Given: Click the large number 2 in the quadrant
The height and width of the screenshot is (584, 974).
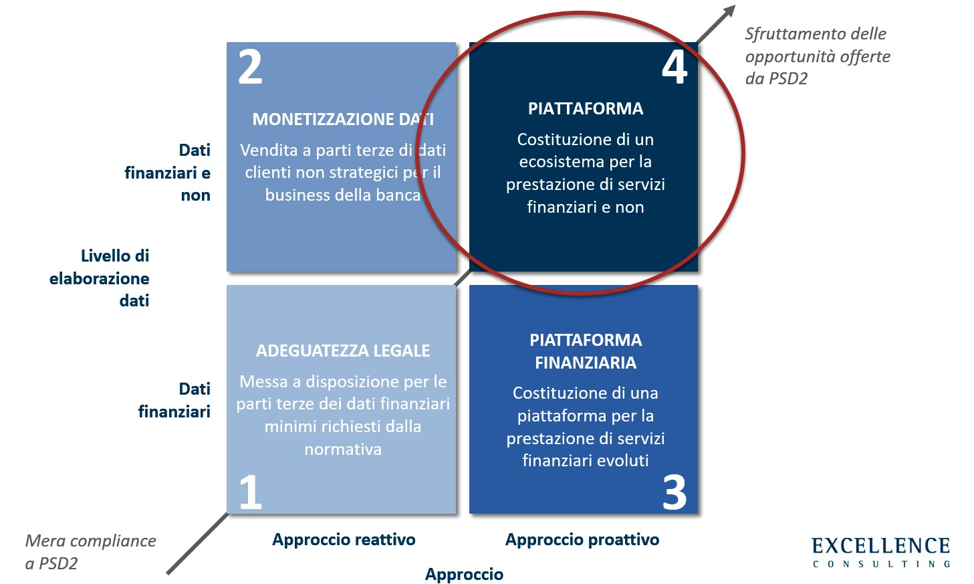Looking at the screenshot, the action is pyautogui.click(x=250, y=67).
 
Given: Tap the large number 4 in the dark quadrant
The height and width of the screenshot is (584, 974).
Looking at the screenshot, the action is pyautogui.click(x=675, y=67).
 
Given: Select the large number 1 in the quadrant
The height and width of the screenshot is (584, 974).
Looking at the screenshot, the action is pyautogui.click(x=251, y=492).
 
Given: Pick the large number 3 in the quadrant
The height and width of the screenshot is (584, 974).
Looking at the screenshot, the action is pyautogui.click(x=675, y=492).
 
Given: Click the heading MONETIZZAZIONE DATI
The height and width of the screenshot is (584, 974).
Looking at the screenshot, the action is pyautogui.click(x=343, y=119).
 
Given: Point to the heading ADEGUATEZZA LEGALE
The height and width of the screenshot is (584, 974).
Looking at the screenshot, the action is pyautogui.click(x=343, y=351).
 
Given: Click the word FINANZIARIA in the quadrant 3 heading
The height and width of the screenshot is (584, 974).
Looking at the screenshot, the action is pyautogui.click(x=586, y=363).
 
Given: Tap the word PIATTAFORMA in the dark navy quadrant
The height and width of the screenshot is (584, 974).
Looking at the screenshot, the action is pyautogui.click(x=586, y=108).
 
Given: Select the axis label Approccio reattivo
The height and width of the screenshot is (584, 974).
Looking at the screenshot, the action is pyautogui.click(x=344, y=540).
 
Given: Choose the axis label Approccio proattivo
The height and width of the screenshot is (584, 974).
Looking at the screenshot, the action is pyautogui.click(x=582, y=540).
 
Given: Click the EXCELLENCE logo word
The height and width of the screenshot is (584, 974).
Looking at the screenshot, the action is pyautogui.click(x=881, y=546).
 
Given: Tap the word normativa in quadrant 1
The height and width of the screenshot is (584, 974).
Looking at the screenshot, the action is pyautogui.click(x=343, y=449).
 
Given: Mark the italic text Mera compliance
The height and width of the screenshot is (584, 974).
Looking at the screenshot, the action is pyautogui.click(x=90, y=541).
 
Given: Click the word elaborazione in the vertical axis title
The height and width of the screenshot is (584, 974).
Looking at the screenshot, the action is pyautogui.click(x=99, y=278).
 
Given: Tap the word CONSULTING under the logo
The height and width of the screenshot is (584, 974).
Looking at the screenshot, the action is pyautogui.click(x=881, y=564).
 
